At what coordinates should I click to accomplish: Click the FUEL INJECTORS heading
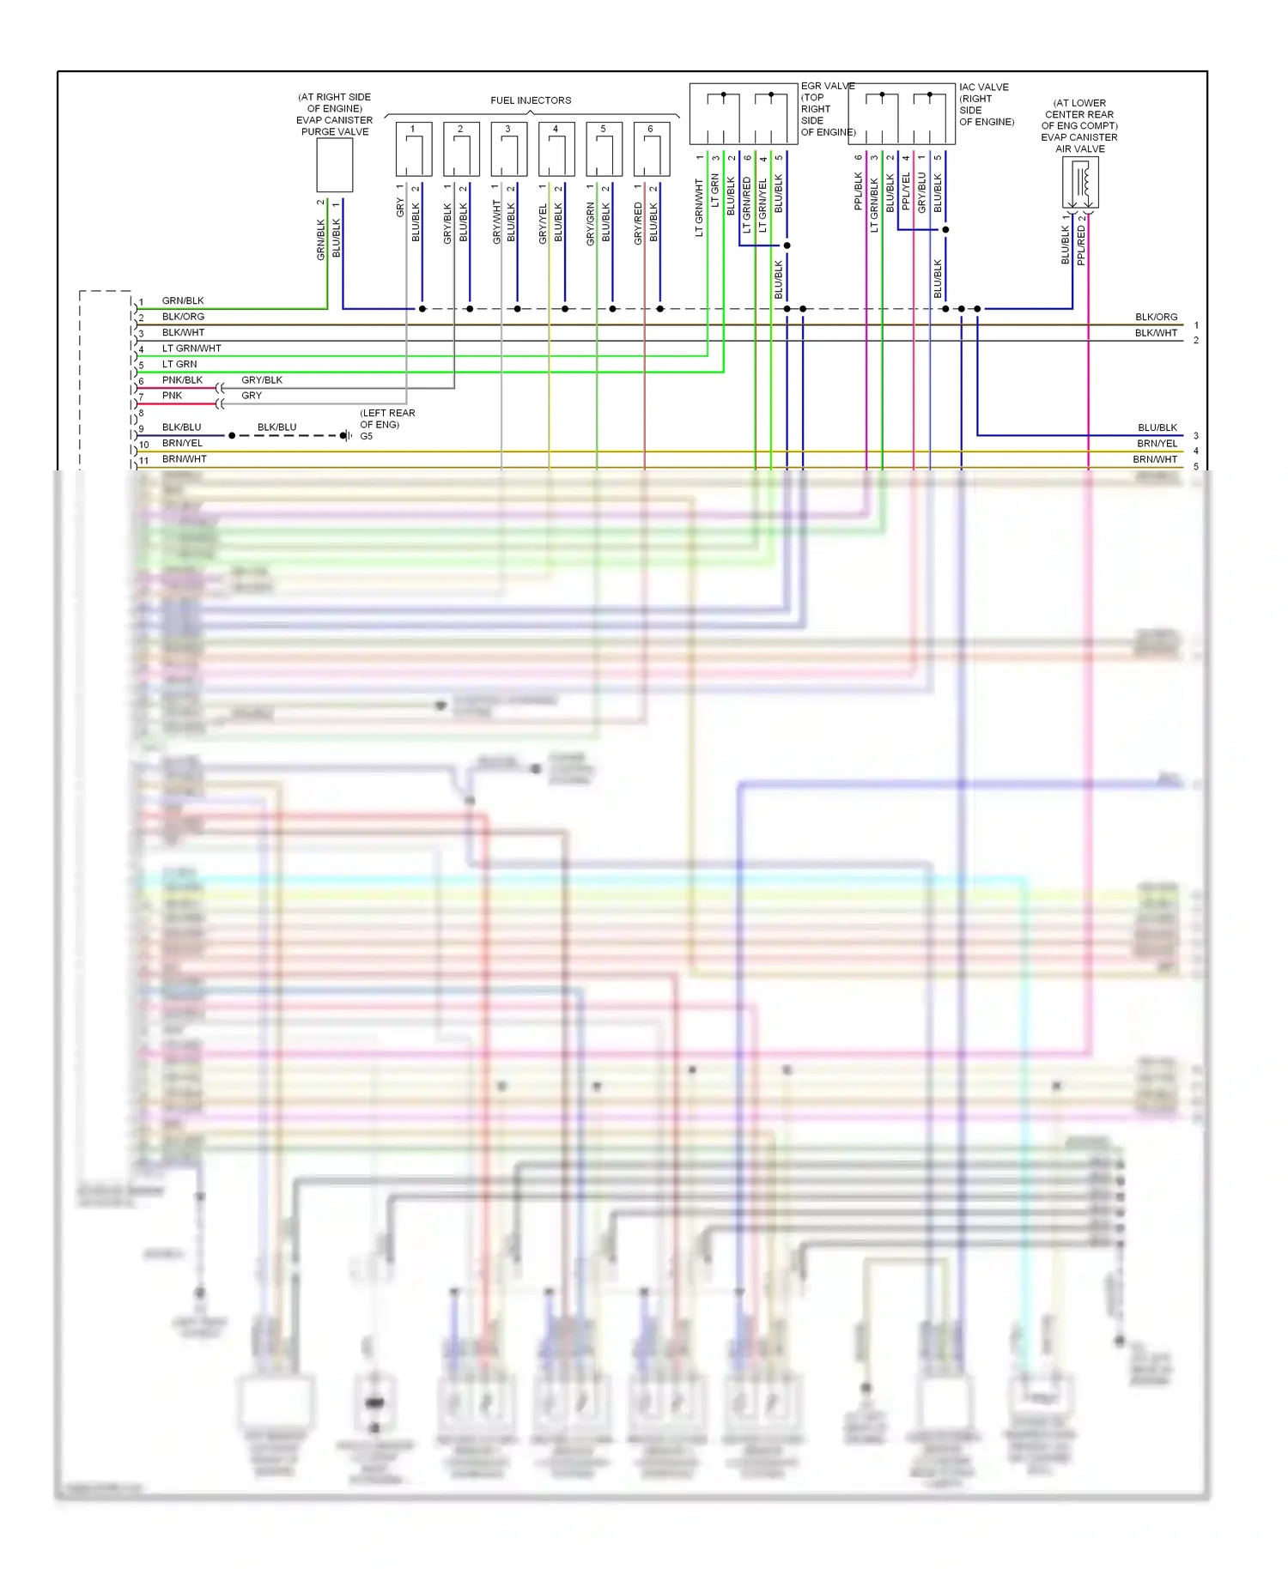531,100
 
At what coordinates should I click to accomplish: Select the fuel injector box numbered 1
413,149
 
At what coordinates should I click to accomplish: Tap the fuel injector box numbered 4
556,149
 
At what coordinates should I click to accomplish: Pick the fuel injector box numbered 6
651,149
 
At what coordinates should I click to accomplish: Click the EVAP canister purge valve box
335,165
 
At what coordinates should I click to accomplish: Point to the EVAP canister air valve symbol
1080,183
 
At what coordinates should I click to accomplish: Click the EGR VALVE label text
828,87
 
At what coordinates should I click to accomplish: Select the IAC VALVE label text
984,88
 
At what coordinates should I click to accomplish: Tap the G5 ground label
367,436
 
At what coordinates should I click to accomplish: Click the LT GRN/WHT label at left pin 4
191,348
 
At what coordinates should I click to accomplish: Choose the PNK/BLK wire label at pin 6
182,380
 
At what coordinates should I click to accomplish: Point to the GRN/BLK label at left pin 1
183,301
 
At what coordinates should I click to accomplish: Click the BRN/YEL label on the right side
1157,444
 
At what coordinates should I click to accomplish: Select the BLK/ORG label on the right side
1156,318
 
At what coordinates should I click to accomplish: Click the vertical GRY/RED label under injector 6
638,224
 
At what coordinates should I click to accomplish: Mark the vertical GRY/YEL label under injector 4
543,224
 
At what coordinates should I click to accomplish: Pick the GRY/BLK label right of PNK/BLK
262,380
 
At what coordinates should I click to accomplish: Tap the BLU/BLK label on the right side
1157,427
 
